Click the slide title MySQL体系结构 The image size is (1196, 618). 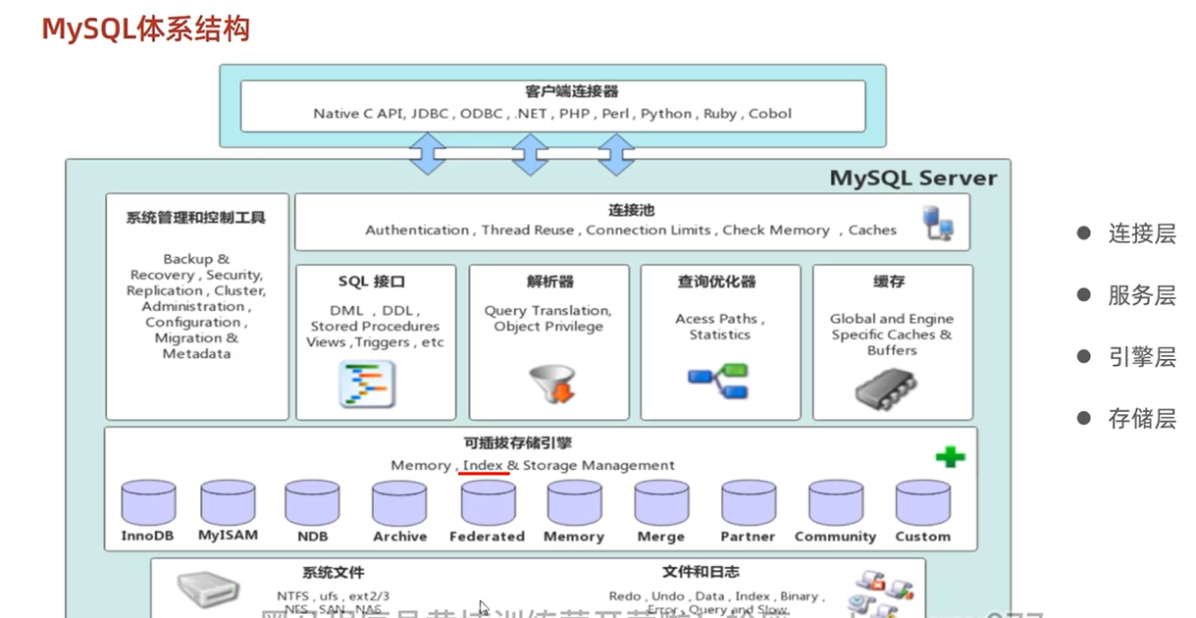[x=145, y=28]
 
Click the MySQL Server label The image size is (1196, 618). [x=912, y=178]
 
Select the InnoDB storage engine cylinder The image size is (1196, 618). [x=148, y=503]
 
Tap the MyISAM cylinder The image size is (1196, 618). [x=228, y=503]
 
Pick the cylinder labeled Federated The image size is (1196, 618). [x=488, y=503]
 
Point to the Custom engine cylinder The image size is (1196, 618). [x=922, y=503]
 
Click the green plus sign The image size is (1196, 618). [x=950, y=456]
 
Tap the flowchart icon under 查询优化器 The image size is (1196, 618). [x=718, y=381]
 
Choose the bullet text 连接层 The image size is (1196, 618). [x=1141, y=233]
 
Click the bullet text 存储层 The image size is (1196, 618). [x=1141, y=419]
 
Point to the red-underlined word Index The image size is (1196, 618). [x=484, y=465]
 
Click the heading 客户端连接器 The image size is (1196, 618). [x=558, y=92]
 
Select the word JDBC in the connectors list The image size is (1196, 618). [x=430, y=114]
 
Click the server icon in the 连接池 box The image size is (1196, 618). [x=937, y=224]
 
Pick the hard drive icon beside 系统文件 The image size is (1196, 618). [x=208, y=590]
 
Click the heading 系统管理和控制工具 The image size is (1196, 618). [x=196, y=218]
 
